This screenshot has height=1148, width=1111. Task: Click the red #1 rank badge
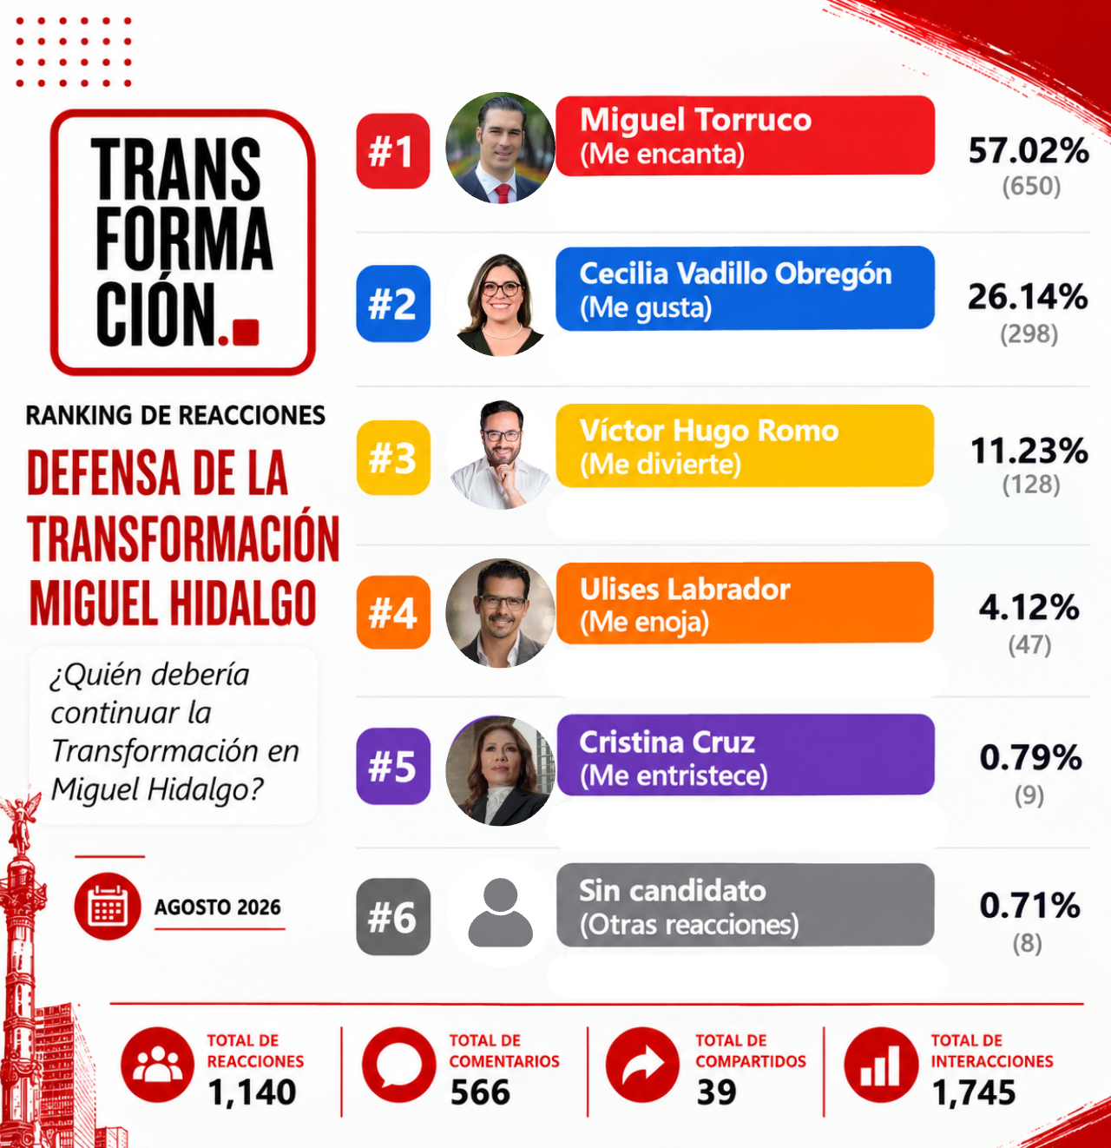[x=392, y=151]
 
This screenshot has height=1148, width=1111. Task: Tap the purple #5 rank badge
[x=392, y=766]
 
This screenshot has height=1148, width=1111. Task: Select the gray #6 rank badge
[x=392, y=917]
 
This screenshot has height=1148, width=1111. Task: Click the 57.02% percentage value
[x=1029, y=150]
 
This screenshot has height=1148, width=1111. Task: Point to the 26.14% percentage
[x=1028, y=296]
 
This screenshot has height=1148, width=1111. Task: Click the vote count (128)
[x=1031, y=485]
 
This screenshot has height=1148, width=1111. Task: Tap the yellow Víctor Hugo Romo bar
[x=745, y=446]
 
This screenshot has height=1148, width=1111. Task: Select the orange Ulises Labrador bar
[x=745, y=603]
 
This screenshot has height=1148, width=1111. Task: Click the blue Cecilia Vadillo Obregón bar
[x=745, y=288]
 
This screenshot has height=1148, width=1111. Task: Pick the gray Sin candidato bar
[x=745, y=905]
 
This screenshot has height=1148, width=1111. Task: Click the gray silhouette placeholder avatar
[x=500, y=912]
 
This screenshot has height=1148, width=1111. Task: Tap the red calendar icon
[x=108, y=906]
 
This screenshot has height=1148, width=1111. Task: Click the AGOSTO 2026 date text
[x=218, y=907]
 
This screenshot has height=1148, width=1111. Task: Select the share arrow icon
[x=643, y=1065]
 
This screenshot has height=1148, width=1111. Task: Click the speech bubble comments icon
[x=399, y=1065]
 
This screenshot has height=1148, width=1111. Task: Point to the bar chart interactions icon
[x=881, y=1065]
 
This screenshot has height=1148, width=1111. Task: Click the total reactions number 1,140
[x=252, y=1092]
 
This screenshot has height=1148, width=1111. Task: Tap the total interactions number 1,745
[x=974, y=1092]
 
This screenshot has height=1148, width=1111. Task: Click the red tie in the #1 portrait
[x=503, y=194]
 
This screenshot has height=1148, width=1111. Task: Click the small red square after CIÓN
[x=246, y=332]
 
